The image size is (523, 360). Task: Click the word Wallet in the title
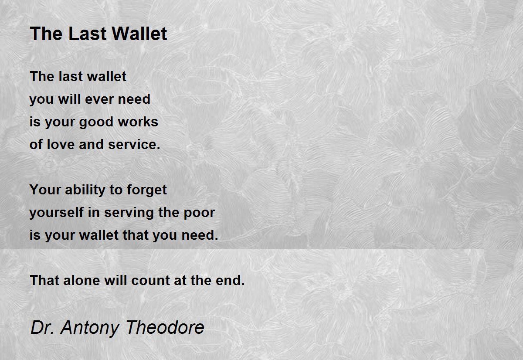coord(139,34)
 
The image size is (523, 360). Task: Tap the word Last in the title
coord(88,34)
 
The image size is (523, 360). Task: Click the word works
coord(138,122)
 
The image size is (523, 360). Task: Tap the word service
coord(134,144)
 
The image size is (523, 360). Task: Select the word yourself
coord(57,213)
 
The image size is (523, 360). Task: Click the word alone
coord(82,280)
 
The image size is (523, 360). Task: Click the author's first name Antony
coord(90,328)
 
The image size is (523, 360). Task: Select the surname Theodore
coord(165,327)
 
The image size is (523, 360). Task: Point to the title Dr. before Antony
coord(42,327)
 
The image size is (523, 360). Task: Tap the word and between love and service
coord(91,144)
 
